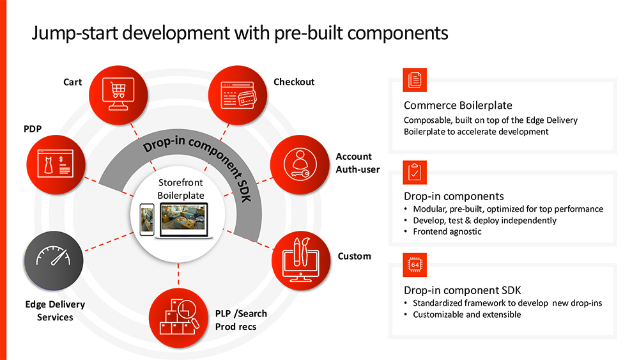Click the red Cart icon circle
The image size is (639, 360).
[x=118, y=95]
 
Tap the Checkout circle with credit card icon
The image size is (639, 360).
[x=238, y=95]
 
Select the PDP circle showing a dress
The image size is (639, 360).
[x=56, y=164]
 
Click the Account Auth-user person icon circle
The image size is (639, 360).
[x=300, y=164]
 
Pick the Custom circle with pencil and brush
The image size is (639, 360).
[x=301, y=261]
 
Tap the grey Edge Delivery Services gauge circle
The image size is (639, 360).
[x=54, y=260]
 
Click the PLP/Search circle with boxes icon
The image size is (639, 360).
[x=178, y=318]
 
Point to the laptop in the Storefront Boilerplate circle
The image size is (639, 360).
[x=184, y=221]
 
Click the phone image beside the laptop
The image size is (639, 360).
[x=147, y=219]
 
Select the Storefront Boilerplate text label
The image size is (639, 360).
[x=181, y=189]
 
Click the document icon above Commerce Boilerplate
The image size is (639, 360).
[x=415, y=80]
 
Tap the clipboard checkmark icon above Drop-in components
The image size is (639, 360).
[x=415, y=173]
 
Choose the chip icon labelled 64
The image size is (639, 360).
[x=415, y=265]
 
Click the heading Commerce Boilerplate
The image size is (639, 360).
[x=458, y=106]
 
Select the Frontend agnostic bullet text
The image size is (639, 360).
[x=447, y=231]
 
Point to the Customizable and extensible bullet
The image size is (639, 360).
[x=466, y=315]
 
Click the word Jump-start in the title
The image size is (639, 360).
[x=75, y=33]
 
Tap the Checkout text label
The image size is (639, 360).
[x=294, y=82]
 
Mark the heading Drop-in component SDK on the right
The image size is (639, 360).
[x=462, y=290]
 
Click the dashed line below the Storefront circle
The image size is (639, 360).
[x=178, y=274]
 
